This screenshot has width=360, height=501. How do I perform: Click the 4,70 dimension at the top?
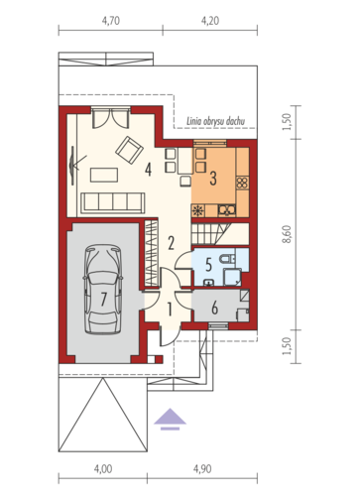tap(111, 21)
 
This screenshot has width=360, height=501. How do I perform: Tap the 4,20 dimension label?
tap(210, 21)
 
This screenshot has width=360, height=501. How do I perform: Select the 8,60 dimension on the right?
tap(287, 234)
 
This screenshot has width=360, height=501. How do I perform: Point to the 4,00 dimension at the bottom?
tap(103, 469)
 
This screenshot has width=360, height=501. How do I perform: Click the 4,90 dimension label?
tap(202, 469)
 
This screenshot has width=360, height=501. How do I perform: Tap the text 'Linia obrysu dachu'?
tap(216, 121)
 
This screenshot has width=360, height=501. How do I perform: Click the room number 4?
tap(148, 170)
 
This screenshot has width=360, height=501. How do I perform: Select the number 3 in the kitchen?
tap(213, 178)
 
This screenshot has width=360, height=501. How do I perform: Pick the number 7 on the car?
tap(104, 299)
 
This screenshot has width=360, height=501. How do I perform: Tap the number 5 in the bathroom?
tap(208, 265)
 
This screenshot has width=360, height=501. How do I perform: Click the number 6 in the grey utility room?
tap(214, 308)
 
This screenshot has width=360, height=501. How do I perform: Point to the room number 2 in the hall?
tap(171, 243)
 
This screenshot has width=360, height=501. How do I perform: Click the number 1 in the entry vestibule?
tap(170, 310)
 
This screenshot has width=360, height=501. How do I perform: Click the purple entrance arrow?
tap(170, 419)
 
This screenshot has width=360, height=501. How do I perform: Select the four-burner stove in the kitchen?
tap(242, 183)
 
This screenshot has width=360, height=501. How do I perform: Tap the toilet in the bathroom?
tap(227, 259)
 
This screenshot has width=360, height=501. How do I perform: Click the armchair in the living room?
tap(129, 150)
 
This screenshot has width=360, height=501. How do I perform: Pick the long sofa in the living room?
tap(113, 202)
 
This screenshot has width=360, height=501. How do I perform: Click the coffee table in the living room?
tap(104, 175)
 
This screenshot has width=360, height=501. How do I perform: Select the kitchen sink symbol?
tap(227, 210)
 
